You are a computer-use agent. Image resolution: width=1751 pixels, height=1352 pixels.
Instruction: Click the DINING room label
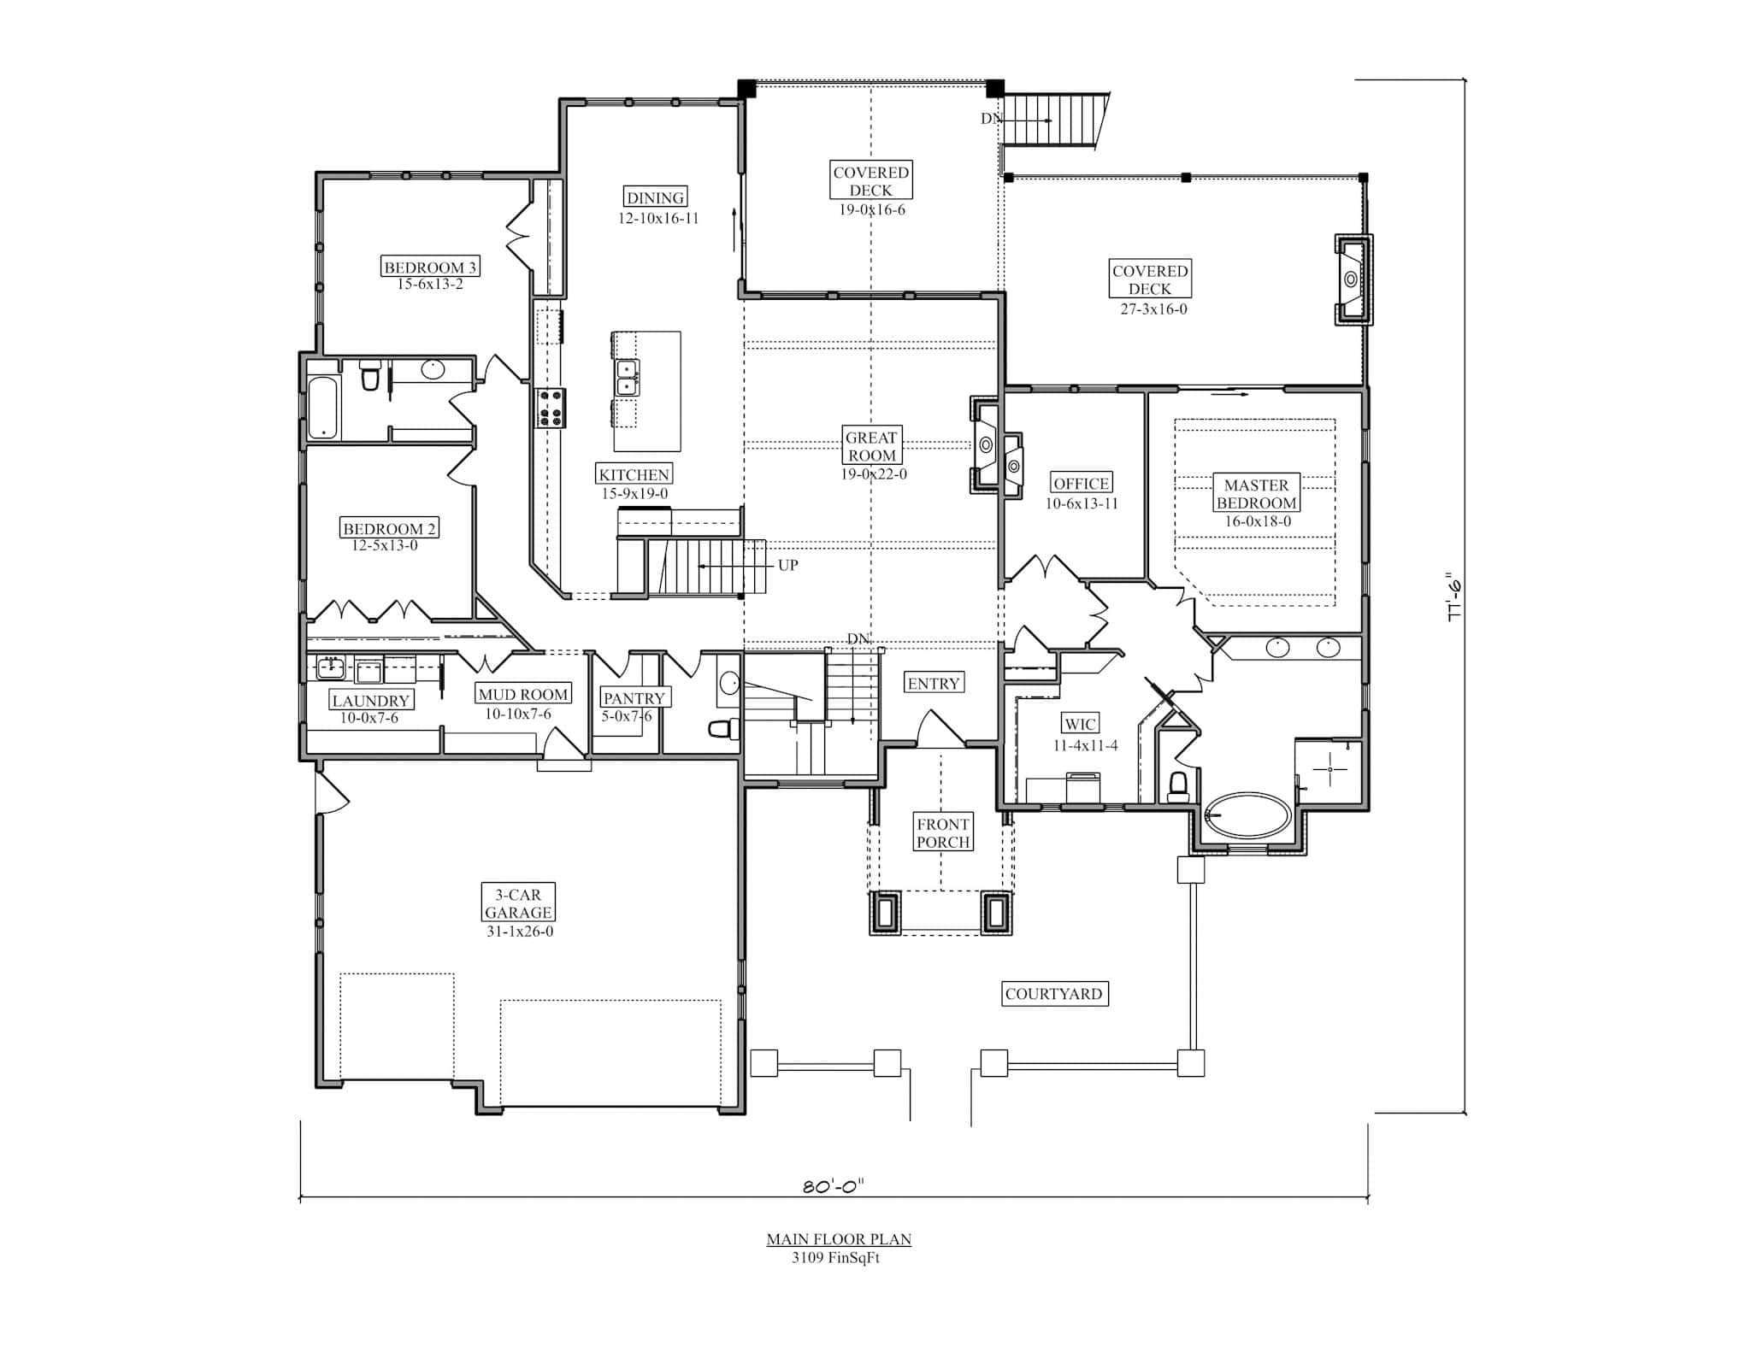click(656, 197)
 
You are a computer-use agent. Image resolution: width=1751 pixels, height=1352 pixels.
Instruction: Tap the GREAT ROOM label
click(871, 446)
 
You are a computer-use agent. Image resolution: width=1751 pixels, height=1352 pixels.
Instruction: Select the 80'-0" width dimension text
click(834, 1185)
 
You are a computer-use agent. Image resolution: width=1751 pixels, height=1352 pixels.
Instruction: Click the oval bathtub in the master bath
click(1248, 816)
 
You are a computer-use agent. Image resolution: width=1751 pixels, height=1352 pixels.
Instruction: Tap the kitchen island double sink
click(628, 378)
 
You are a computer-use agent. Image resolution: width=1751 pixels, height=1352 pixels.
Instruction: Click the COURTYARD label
click(1053, 994)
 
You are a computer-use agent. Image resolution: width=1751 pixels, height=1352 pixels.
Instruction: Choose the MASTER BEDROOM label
click(1256, 494)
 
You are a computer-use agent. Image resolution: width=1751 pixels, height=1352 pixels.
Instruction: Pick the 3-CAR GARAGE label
click(518, 903)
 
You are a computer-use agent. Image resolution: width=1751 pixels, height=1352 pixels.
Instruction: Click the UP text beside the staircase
click(787, 566)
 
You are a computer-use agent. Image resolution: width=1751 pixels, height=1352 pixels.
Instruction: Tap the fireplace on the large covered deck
click(1353, 279)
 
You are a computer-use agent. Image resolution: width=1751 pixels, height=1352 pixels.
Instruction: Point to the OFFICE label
click(1081, 484)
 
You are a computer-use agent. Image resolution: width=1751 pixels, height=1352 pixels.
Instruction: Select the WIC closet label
click(1080, 725)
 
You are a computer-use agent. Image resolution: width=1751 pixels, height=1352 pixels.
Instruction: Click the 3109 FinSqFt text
click(835, 1258)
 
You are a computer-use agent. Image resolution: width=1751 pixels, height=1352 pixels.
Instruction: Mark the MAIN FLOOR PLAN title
click(838, 1239)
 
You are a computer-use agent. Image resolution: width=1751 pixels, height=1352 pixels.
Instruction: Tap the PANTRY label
click(634, 698)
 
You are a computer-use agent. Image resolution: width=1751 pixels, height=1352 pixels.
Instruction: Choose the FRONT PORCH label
click(943, 833)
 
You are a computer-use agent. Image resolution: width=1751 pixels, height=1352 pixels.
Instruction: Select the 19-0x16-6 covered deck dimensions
click(871, 210)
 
